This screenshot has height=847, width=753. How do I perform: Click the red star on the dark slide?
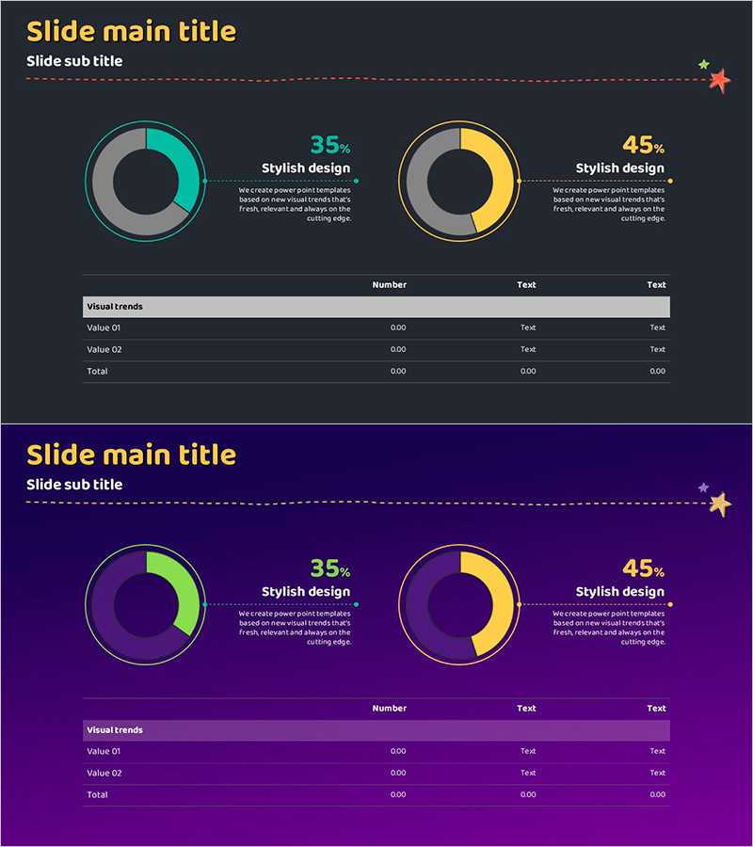pyautogui.click(x=719, y=81)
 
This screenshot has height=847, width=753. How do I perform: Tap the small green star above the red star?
pyautogui.click(x=703, y=65)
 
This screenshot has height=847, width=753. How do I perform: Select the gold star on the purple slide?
pyautogui.click(x=720, y=504)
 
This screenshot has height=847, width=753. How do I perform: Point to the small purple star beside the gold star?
pyautogui.click(x=703, y=487)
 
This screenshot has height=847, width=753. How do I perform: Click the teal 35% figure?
pyautogui.click(x=329, y=145)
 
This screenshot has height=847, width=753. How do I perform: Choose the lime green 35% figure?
pyautogui.click(x=329, y=568)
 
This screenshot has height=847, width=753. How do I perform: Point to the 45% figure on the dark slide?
pyautogui.click(x=643, y=145)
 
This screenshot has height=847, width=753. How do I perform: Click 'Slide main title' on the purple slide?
pyautogui.click(x=131, y=455)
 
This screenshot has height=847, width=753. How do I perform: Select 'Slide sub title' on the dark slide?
pyautogui.click(x=74, y=61)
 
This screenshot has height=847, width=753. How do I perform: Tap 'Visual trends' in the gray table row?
pyautogui.click(x=115, y=307)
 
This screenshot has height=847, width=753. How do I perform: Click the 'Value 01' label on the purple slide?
pyautogui.click(x=104, y=751)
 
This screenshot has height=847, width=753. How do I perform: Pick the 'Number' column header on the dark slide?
pyautogui.click(x=389, y=284)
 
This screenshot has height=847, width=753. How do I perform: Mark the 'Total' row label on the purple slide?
pyautogui.click(x=97, y=794)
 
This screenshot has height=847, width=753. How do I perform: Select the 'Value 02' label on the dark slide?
pyautogui.click(x=104, y=349)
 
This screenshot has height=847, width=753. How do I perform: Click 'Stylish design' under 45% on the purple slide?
pyautogui.click(x=619, y=592)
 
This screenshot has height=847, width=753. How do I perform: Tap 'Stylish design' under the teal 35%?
pyautogui.click(x=306, y=168)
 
